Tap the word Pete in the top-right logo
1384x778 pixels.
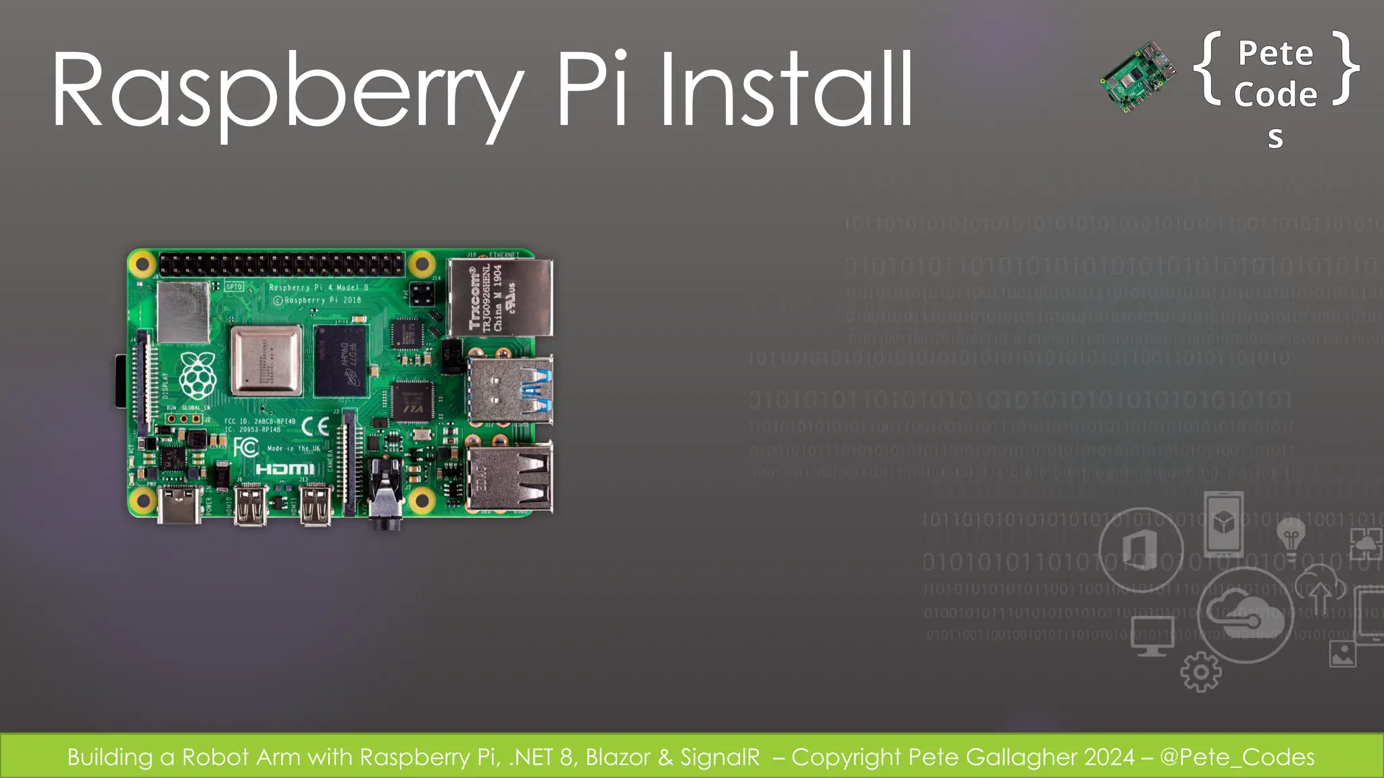(1275, 53)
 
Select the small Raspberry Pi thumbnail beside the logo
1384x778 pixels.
(1138, 75)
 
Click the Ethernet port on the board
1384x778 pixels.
(500, 297)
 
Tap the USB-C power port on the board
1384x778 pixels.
(179, 506)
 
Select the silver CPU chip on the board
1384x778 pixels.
(266, 361)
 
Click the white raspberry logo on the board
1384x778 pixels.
(197, 375)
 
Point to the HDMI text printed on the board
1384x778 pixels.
(285, 469)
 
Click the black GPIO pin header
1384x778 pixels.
(281, 264)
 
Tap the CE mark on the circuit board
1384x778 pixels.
(315, 426)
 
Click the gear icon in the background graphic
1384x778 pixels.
(1200, 672)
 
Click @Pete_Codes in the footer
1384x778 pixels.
(1237, 757)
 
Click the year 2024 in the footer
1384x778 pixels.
(1109, 757)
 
